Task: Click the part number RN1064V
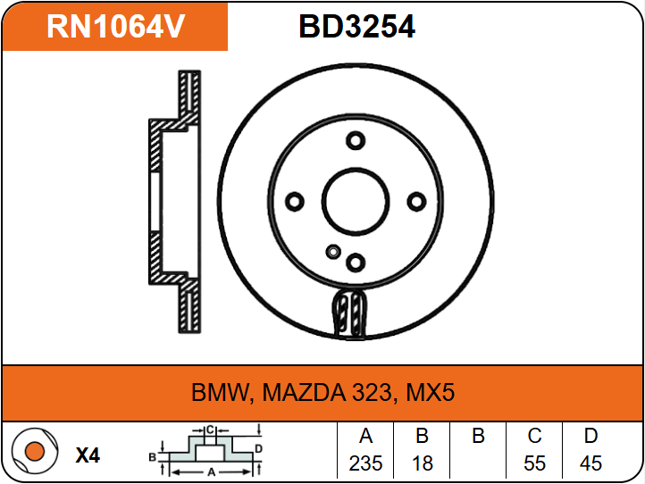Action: (x=115, y=27)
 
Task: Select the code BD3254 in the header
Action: (x=356, y=27)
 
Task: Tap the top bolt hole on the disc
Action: (x=356, y=140)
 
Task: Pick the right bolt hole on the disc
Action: (x=416, y=202)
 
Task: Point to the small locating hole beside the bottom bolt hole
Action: (x=333, y=250)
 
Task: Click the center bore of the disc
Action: (x=356, y=201)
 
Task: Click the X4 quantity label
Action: (x=88, y=455)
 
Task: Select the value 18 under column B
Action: (x=422, y=463)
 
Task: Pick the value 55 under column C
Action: (x=534, y=463)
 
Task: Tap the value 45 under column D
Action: (x=591, y=463)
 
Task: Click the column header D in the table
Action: (x=591, y=437)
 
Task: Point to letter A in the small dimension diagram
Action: (x=210, y=471)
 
